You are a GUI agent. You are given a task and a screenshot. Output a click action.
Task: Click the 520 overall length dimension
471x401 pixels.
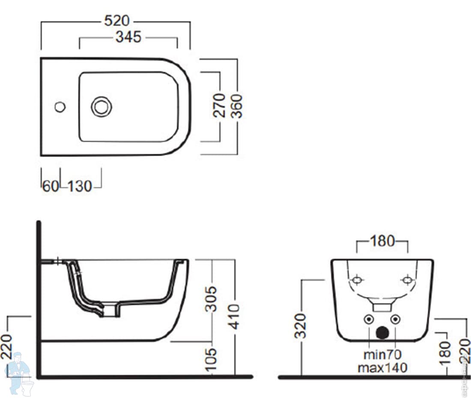[x=117, y=20]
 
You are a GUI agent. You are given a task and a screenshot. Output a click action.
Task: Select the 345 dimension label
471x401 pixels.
[x=128, y=37]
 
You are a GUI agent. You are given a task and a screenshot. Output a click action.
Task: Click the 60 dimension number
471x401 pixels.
[x=50, y=186]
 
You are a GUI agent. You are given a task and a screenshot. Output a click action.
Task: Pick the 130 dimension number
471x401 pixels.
[x=80, y=186]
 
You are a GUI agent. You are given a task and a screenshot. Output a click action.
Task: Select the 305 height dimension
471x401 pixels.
[x=211, y=299]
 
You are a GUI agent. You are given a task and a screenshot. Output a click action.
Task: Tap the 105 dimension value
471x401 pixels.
[x=212, y=359]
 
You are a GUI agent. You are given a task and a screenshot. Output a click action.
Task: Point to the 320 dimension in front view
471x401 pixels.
[x=302, y=326]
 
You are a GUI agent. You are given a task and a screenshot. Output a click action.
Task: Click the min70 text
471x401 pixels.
[x=382, y=355]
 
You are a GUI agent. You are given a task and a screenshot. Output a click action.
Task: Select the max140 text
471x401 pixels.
[x=382, y=368]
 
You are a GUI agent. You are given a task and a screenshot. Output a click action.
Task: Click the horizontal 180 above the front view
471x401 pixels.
[x=382, y=241]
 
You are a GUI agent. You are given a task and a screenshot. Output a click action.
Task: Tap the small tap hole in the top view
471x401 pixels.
[x=60, y=107]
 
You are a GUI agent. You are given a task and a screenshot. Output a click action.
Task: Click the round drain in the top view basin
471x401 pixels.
[x=101, y=107]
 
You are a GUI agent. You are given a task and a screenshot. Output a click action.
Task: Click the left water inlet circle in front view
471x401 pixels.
[x=368, y=319]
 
